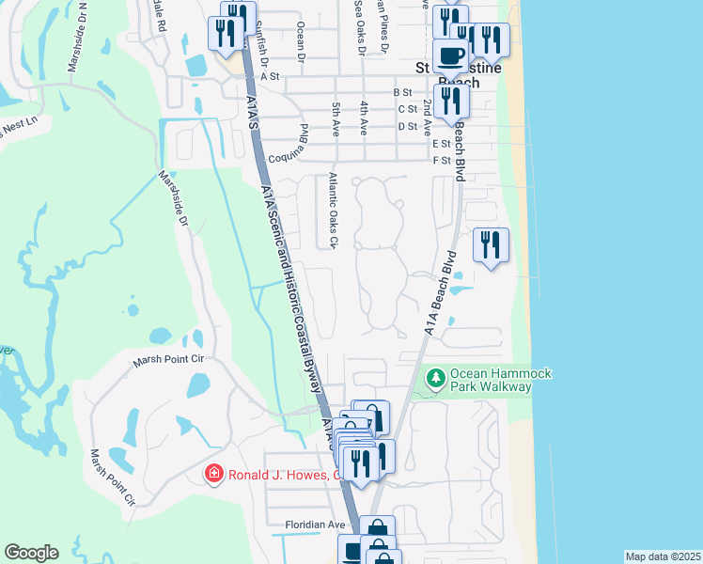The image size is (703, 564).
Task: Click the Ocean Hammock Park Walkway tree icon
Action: tap(435, 379)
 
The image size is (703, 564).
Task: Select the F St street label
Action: tap(442, 161)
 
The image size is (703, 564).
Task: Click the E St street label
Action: tap(441, 144)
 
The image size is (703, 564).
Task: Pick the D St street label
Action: tap(407, 126)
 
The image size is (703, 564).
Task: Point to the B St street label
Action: tap(402, 92)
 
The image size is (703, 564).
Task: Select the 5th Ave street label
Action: tap(336, 119)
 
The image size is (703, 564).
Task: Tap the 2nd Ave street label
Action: tap(428, 113)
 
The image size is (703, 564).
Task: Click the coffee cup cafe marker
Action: tap(450, 55)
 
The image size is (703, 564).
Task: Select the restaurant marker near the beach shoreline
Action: tap(491, 245)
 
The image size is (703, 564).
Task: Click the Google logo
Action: tap(30, 553)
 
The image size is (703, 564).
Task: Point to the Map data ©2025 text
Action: tap(662, 556)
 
